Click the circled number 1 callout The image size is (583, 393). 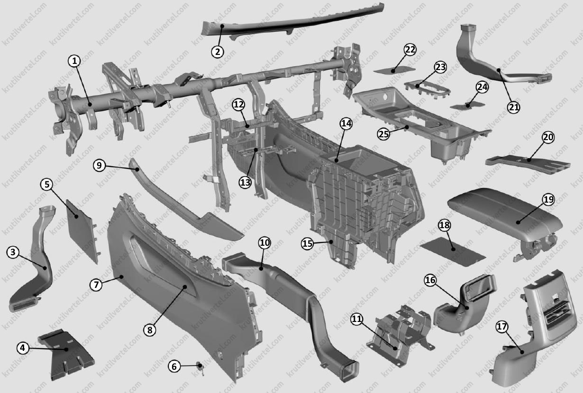point(74,61)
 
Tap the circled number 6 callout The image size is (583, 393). point(174,366)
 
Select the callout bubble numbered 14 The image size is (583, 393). point(346,124)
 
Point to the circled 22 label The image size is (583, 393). point(410,50)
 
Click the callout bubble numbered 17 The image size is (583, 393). point(502,326)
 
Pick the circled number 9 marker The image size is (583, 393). point(99,165)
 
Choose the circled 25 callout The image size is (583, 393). point(383,134)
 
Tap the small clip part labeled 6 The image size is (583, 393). point(200,367)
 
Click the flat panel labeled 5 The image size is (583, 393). point(82,231)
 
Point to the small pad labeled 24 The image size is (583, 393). point(467,106)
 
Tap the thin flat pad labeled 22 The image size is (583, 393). point(394,70)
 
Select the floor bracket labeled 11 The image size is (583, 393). point(400,335)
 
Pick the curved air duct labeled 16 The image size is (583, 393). point(465,304)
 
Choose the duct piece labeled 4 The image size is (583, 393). point(66,355)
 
